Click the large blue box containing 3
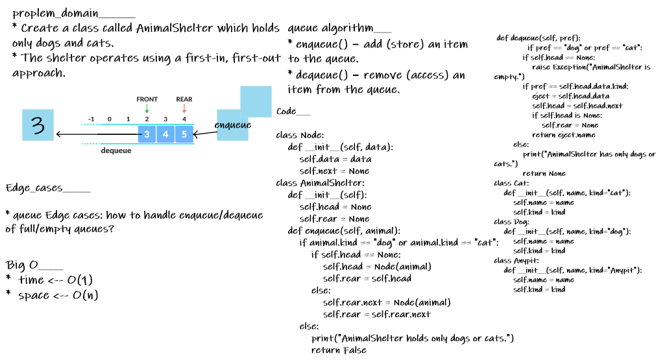38,125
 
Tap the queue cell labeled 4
166,134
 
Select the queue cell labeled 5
184,134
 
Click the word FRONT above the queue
147,99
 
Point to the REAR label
184,99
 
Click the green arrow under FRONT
147,108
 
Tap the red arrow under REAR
184,108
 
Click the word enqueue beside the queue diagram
233,125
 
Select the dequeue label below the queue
116,150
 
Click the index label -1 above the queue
91,119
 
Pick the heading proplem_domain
73,13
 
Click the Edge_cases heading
48,188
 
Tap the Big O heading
34,265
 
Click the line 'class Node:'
299,136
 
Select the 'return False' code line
339,350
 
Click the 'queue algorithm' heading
339,29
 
